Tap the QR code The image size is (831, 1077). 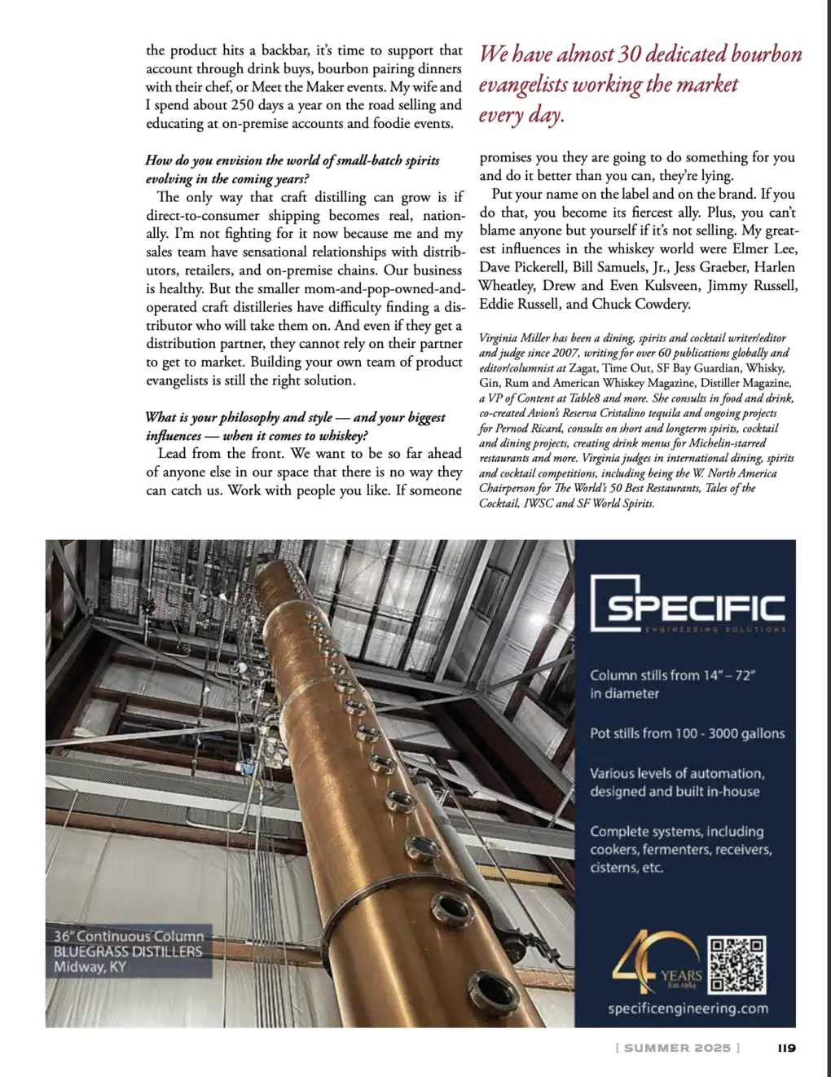coord(737,965)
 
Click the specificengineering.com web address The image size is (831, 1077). coord(688,1009)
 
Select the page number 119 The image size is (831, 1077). coord(786,1048)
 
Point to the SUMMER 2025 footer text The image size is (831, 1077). coord(678,1048)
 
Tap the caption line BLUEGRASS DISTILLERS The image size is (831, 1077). coord(128,952)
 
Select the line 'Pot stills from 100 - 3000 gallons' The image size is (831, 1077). coord(687,733)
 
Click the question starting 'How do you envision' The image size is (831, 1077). coord(292,160)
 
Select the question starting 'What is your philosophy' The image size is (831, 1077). coord(295,417)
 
